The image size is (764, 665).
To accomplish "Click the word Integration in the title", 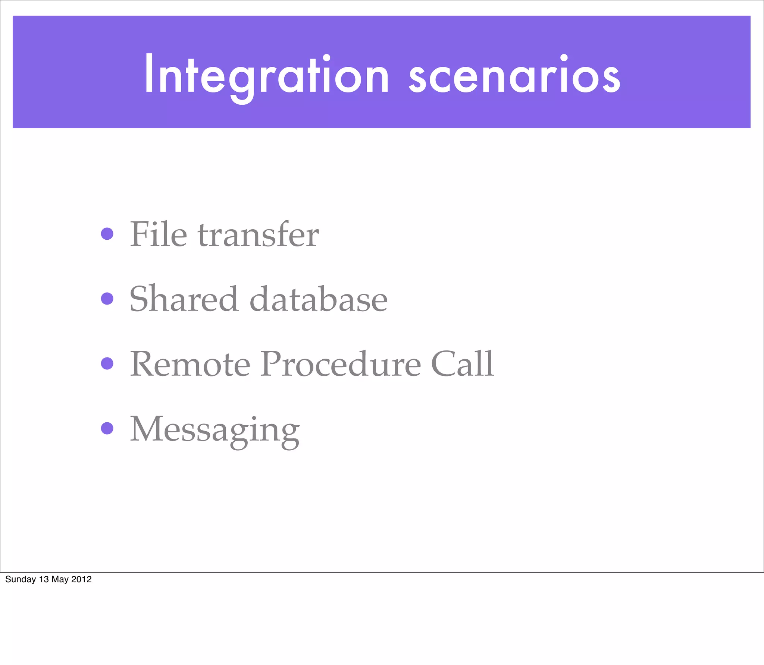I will [x=267, y=75].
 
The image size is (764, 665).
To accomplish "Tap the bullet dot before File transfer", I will [x=107, y=234].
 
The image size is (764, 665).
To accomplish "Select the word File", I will [x=158, y=234].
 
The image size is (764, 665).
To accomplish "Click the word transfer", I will [x=258, y=234].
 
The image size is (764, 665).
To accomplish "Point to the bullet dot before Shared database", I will [x=107, y=299].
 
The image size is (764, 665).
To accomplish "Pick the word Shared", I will [x=183, y=299].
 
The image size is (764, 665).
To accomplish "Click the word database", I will [x=318, y=299].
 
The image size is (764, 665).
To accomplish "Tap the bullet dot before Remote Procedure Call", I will [x=107, y=363].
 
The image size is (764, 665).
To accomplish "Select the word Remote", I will [x=190, y=364].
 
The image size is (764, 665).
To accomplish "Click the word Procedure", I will [x=341, y=364].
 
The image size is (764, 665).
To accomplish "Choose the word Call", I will [x=462, y=364].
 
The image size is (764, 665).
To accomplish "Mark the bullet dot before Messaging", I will [x=107, y=428].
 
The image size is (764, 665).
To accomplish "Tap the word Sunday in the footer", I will [x=21, y=579].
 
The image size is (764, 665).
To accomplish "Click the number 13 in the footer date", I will [x=44, y=579].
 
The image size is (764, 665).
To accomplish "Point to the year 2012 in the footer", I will [x=81, y=579].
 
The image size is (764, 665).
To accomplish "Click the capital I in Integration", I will [x=148, y=74].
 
